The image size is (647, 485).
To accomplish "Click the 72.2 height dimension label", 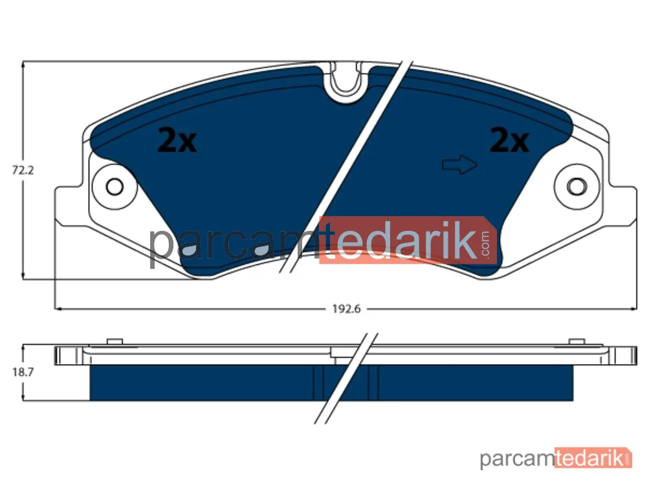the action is (23, 170).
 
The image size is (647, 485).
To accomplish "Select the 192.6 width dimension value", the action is (347, 309).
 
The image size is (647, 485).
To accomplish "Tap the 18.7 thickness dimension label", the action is (23, 372).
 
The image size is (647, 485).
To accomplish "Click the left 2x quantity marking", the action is (177, 140).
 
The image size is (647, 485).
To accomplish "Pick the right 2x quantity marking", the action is (509, 140).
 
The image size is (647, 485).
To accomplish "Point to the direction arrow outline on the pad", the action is (459, 164).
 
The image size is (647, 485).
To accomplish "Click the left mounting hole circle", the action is (115, 186).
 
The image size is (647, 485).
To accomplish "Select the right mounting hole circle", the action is (577, 186).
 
